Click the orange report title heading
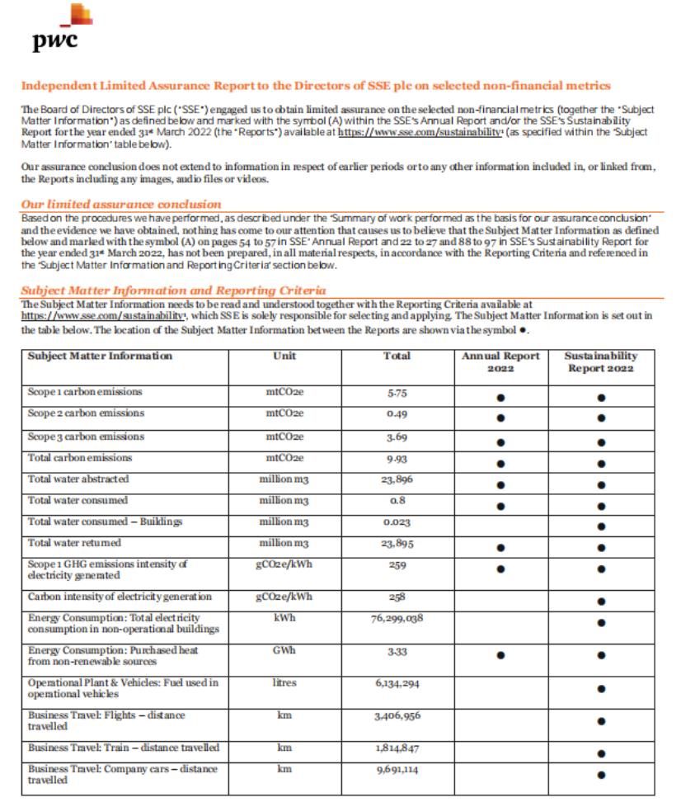point(316,86)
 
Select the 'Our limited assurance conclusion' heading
point(120,204)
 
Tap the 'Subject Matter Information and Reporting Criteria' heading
point(173,290)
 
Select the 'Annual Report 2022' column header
point(500,361)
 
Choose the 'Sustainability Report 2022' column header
point(601,361)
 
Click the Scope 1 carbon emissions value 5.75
point(397,393)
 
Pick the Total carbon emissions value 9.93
point(397,458)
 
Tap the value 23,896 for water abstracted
point(397,479)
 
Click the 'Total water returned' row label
point(74,543)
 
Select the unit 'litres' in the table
point(284,683)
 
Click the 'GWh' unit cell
point(284,650)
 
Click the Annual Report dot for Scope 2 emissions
point(500,419)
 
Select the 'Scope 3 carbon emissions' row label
point(86,437)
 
